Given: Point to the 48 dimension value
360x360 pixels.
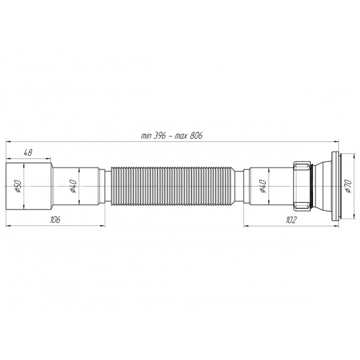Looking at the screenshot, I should point(28,153).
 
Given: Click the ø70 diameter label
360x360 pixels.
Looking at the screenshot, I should point(343,187).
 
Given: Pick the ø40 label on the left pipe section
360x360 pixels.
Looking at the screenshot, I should point(74,187).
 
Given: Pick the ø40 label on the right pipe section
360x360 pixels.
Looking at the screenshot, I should point(262,187).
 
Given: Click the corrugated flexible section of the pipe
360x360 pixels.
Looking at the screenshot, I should point(174,187).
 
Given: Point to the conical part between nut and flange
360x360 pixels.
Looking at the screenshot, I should point(322,187).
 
